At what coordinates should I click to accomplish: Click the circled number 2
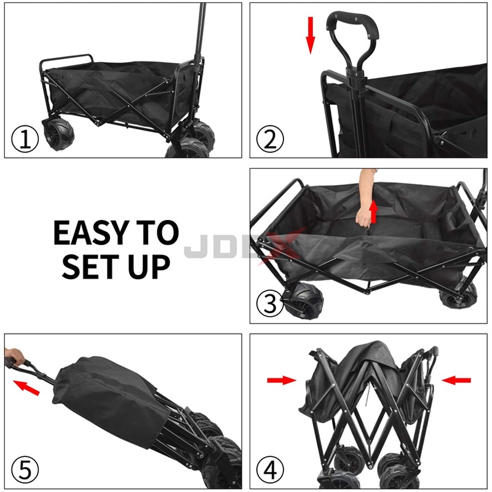[270, 140]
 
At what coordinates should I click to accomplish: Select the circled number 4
[270, 470]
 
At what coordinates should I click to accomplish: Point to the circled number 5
[25, 470]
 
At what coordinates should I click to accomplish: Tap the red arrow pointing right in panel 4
[282, 381]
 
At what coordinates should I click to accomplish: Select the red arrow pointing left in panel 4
[456, 381]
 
